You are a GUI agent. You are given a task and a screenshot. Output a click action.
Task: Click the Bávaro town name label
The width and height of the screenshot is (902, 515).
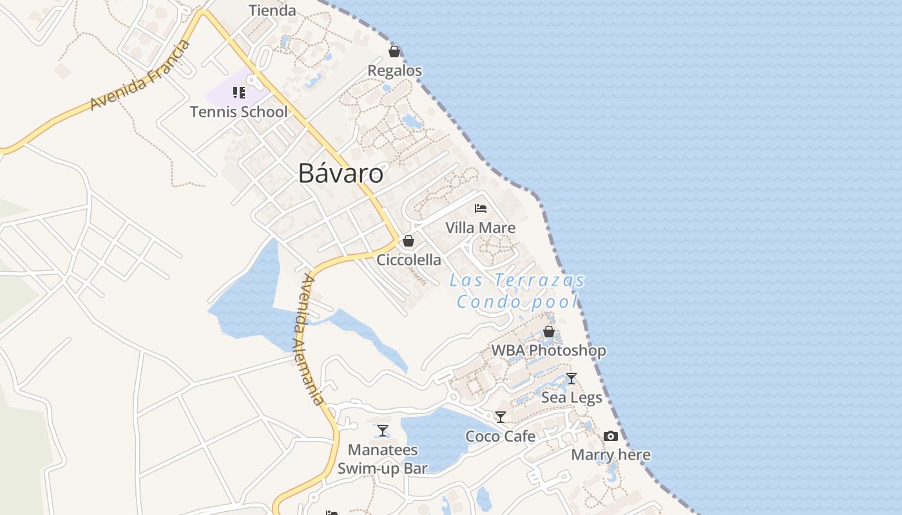tap(341, 173)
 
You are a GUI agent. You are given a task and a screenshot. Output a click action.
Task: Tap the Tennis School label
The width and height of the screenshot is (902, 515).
tap(239, 112)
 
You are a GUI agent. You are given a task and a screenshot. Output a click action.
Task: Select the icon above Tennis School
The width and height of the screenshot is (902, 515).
tap(239, 93)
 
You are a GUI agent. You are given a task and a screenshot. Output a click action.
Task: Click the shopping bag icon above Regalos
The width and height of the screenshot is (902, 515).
tap(394, 51)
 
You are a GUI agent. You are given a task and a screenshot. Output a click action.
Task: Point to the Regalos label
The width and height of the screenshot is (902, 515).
tap(394, 71)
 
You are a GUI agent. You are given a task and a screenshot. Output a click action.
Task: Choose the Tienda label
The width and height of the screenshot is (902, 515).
tap(273, 10)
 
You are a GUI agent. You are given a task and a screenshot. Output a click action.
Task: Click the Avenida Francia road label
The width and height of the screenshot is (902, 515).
tap(140, 75)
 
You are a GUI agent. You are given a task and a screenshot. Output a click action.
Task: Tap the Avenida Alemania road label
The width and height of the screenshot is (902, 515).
tap(311, 339)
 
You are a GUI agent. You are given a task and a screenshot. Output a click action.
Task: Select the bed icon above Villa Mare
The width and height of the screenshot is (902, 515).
tap(481, 208)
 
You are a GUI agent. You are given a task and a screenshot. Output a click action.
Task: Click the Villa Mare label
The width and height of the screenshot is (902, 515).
tap(481, 228)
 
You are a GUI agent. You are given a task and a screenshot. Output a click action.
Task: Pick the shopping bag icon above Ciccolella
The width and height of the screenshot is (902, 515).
tap(408, 241)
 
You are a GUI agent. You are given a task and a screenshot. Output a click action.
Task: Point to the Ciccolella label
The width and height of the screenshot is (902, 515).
tap(409, 260)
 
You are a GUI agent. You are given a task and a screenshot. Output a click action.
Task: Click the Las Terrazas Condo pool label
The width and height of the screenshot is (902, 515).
tap(517, 291)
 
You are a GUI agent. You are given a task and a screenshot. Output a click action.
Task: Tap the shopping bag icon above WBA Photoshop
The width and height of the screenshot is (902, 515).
tap(549, 332)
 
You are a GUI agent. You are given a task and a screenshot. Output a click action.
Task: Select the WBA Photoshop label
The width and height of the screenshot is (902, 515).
tap(549, 351)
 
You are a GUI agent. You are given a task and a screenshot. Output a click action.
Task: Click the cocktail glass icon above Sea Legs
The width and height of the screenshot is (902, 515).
tap(571, 379)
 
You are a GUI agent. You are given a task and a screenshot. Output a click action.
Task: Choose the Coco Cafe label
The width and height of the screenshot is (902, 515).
tap(501, 436)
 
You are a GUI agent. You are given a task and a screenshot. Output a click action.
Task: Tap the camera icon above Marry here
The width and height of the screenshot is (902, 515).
tap(611, 436)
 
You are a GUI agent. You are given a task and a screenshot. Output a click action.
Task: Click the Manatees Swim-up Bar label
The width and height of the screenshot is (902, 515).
tap(383, 459)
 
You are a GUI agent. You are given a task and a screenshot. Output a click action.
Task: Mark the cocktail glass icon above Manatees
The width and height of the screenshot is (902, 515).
tap(383, 431)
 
